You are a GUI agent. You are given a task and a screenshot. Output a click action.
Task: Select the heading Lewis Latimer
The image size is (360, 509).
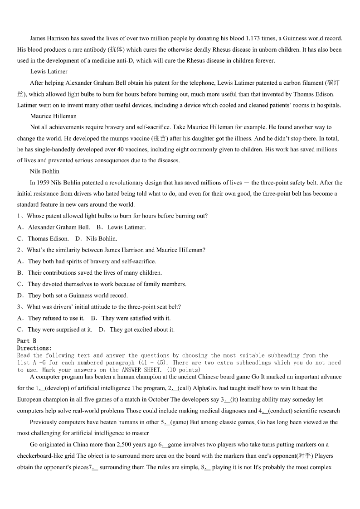coord(49,72)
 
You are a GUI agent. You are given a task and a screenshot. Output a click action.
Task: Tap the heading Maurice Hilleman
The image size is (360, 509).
coord(54,116)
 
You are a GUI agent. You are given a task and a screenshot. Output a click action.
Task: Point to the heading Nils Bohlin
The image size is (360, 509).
coord(44,171)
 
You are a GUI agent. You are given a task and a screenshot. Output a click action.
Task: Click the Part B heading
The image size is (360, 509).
coord(27,341)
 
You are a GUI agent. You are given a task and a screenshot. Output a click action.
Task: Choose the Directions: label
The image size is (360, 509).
coord(34,348)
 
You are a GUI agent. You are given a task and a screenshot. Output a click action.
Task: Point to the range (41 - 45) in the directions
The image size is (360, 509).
coord(152,363)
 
